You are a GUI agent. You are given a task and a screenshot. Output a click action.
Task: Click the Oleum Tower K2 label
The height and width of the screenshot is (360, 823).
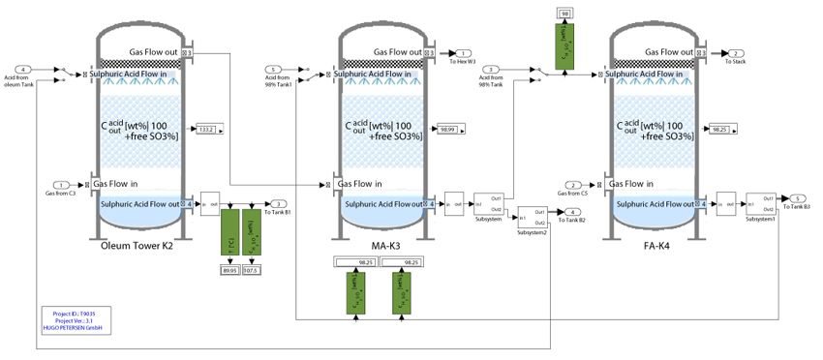137,245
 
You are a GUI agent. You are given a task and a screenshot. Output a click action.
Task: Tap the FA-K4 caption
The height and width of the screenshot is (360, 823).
657,245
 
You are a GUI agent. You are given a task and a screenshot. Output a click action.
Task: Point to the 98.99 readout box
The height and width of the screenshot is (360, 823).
447,129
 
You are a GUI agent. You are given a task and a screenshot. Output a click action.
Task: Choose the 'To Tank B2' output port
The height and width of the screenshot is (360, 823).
573,212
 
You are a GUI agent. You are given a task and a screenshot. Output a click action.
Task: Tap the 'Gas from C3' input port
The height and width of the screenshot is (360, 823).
61,184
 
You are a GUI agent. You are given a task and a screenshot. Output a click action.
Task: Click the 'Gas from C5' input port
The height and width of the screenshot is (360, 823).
575,184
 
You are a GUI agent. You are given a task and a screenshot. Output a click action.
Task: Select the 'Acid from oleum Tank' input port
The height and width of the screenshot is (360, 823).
23,70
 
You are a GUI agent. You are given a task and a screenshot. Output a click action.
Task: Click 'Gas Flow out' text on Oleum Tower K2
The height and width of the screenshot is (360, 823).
153,51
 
